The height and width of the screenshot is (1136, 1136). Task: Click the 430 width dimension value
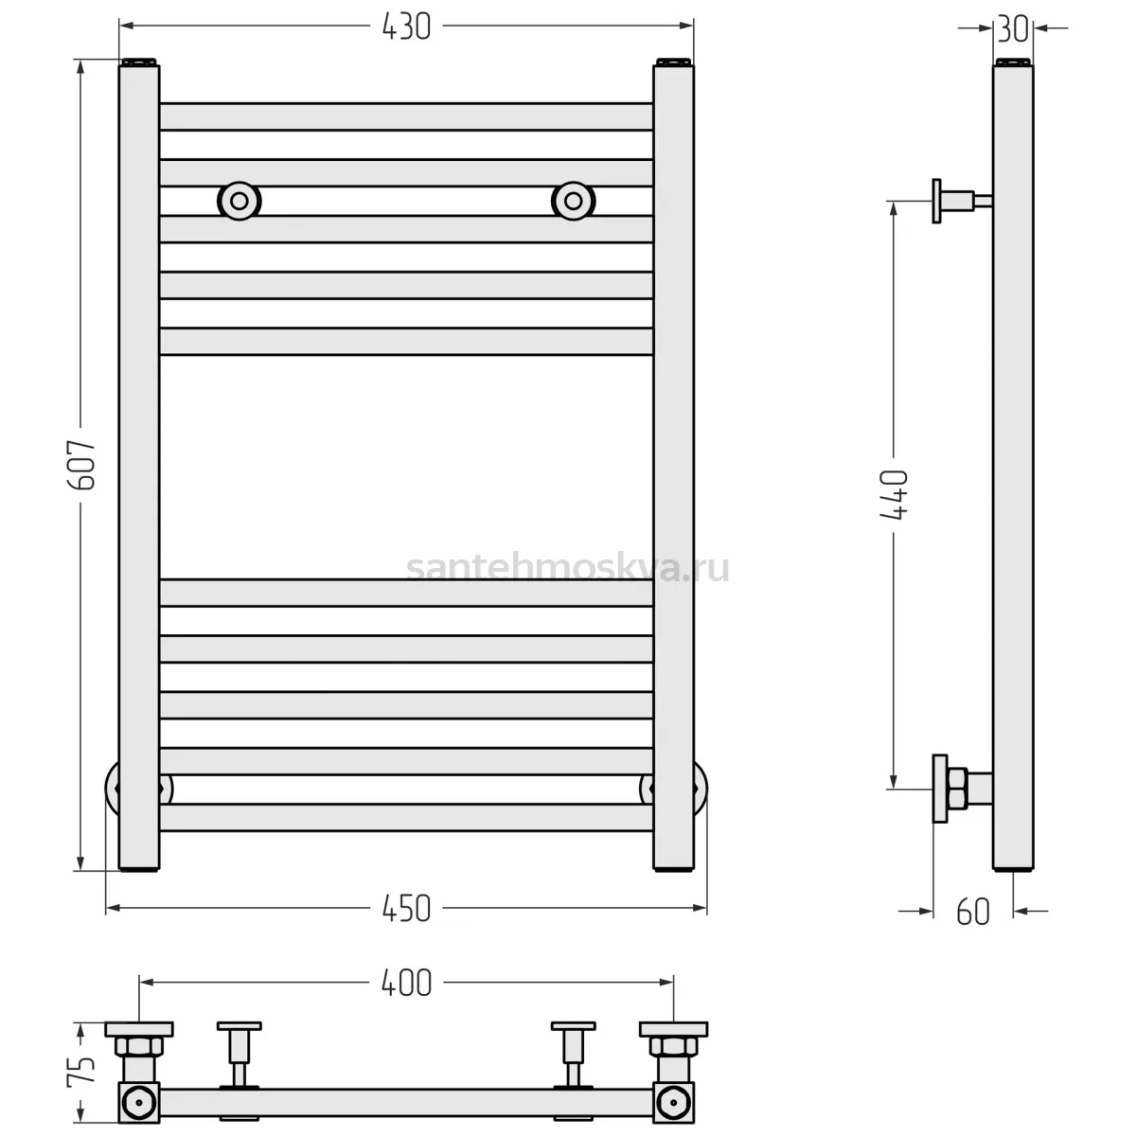tap(406, 27)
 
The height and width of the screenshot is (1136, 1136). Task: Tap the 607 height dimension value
tap(81, 466)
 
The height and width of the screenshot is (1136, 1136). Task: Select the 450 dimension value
tap(406, 909)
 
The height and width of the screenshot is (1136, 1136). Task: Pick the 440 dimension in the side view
tap(894, 494)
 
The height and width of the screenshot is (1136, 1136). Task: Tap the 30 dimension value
tap(1013, 29)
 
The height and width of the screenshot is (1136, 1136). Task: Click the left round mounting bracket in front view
tap(240, 201)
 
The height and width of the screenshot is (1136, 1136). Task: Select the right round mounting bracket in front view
tap(573, 201)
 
